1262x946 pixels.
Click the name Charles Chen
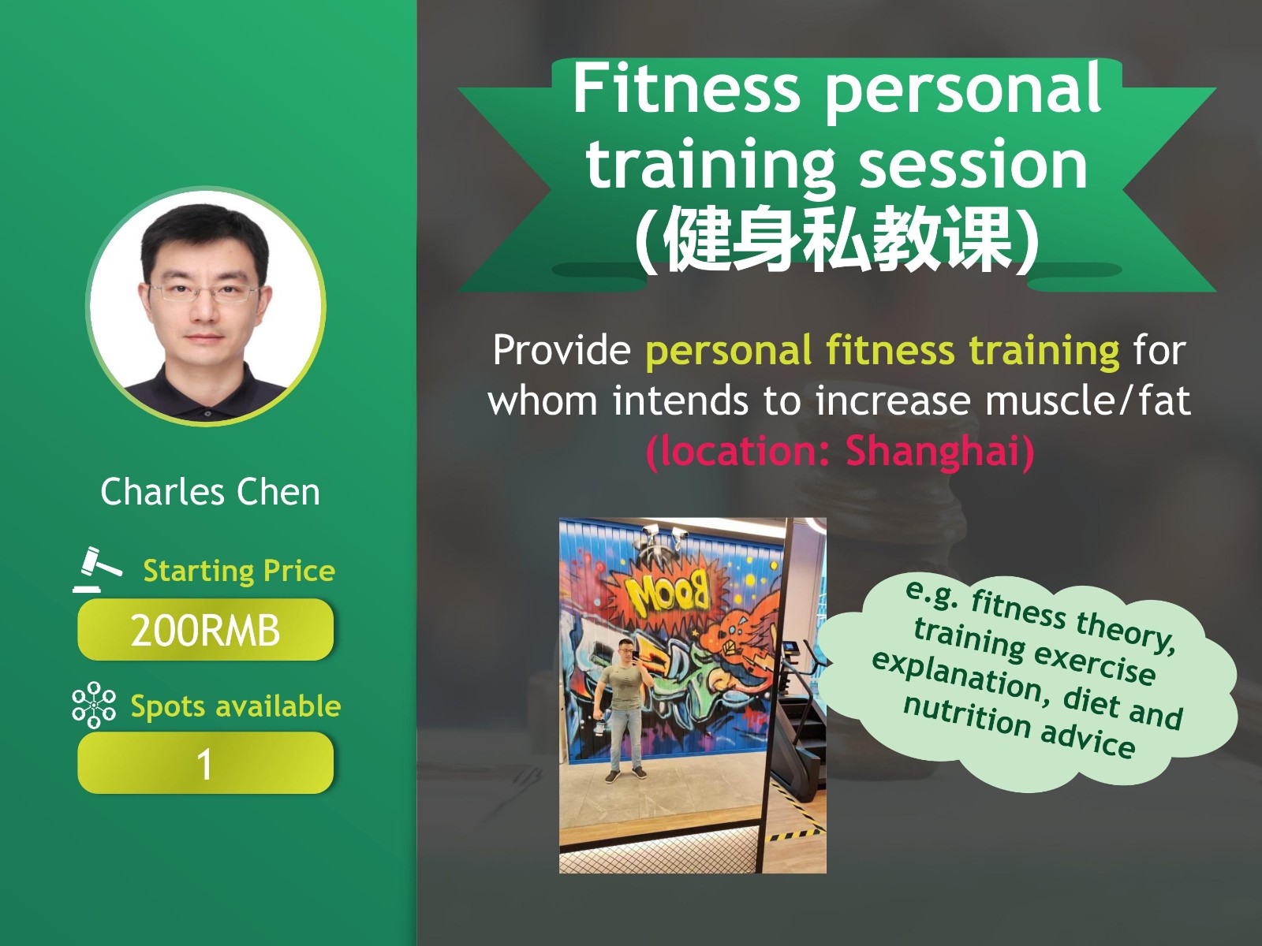(210, 492)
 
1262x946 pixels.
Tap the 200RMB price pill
(205, 630)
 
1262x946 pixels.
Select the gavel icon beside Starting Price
(97, 569)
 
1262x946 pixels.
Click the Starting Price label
(239, 572)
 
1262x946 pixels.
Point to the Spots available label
(236, 706)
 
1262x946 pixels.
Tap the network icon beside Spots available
(94, 705)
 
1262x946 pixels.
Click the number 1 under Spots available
(204, 765)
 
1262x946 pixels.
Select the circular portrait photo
(206, 306)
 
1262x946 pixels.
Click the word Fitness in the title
(686, 89)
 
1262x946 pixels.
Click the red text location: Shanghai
(840, 452)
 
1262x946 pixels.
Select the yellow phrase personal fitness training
(883, 351)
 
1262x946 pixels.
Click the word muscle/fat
(1088, 401)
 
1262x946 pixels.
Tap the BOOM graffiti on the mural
(667, 590)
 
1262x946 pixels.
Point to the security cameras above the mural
(664, 536)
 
